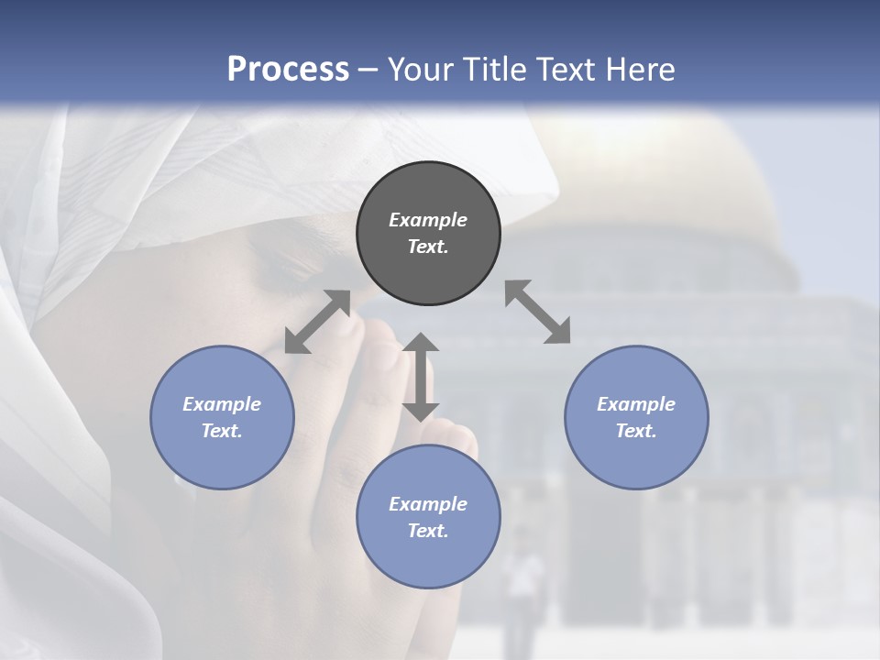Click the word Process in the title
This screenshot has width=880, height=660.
tap(288, 70)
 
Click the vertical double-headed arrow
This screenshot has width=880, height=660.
tap(421, 377)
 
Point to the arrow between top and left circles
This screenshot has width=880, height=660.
tap(318, 321)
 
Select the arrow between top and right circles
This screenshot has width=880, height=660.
tap(538, 312)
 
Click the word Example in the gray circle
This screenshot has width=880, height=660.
tap(428, 220)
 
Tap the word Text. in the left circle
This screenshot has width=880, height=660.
tap(222, 431)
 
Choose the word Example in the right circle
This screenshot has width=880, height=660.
tap(636, 404)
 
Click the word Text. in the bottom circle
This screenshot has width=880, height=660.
tap(428, 531)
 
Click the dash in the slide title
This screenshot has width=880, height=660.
tap(368, 70)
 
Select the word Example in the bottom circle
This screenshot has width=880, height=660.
tap(428, 504)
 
